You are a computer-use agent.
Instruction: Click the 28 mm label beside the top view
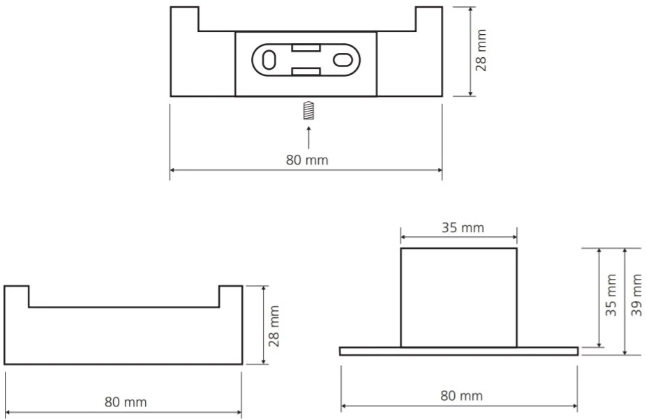tap(481, 50)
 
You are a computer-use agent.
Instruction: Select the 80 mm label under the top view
tap(307, 160)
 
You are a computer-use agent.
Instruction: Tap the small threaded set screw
tap(308, 110)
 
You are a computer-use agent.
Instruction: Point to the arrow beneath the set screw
tap(308, 137)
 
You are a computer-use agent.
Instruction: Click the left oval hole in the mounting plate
tap(269, 60)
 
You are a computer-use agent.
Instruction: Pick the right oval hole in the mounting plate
tap(343, 60)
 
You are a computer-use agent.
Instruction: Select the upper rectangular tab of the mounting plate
tap(306, 47)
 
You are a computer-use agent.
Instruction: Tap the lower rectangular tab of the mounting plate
tap(306, 72)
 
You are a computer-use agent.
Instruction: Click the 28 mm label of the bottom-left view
tap(273, 326)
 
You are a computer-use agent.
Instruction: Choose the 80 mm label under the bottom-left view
tap(126, 402)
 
